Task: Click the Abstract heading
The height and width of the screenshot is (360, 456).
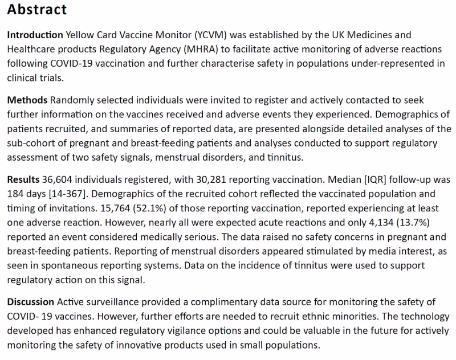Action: pyautogui.click(x=37, y=10)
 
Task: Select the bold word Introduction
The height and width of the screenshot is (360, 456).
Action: pyautogui.click(x=35, y=35)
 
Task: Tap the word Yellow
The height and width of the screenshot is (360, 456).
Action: pyautogui.click(x=83, y=35)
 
